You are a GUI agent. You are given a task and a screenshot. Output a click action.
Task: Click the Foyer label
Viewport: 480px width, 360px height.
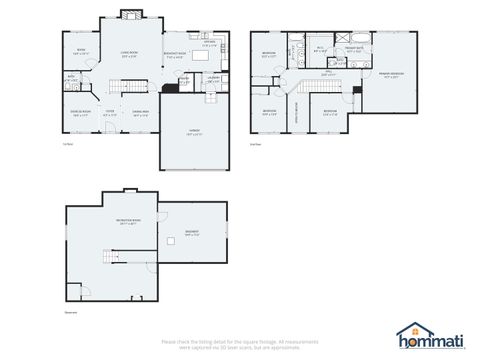pos(111,113)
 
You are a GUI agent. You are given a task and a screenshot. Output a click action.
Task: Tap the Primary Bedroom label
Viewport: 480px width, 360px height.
pos(390,75)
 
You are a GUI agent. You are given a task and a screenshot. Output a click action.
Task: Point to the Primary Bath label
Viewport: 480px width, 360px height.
pos(354,48)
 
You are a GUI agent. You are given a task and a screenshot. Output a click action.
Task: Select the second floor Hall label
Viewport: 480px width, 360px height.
pos(329,72)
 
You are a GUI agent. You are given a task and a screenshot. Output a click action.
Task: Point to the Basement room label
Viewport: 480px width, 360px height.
pos(191,232)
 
